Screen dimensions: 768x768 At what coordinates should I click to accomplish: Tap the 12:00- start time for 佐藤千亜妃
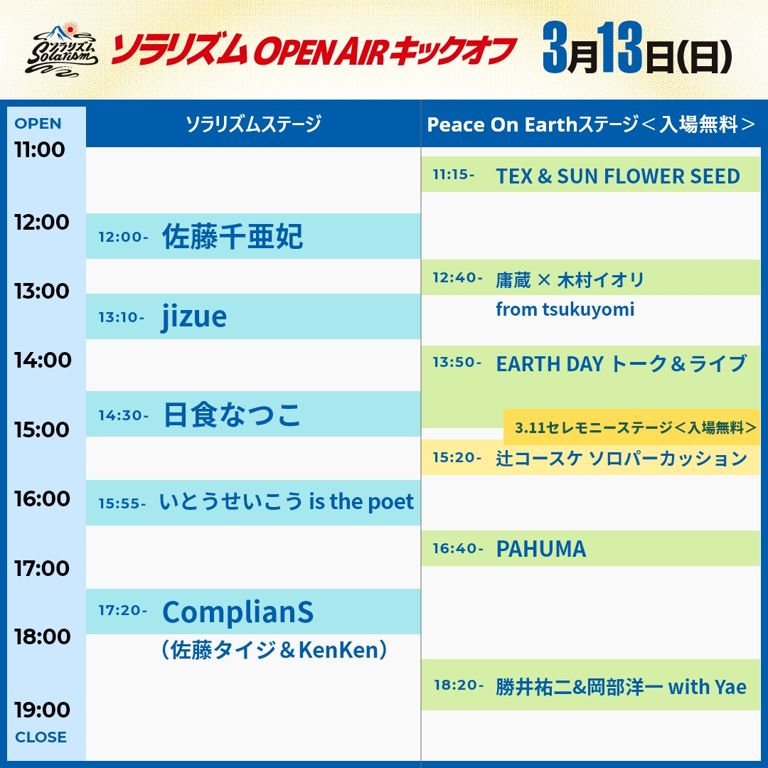click(123, 237)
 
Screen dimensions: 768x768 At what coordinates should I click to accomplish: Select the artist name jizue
click(194, 316)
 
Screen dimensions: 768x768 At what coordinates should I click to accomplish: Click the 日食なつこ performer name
click(233, 415)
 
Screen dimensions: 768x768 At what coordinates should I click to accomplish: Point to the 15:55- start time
click(122, 503)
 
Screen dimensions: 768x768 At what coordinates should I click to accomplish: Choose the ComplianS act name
click(238, 612)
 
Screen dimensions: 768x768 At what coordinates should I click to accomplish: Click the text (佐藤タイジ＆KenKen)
click(274, 650)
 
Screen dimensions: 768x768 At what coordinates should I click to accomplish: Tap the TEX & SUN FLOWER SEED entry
click(617, 176)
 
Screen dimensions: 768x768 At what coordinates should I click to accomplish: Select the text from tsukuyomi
click(565, 309)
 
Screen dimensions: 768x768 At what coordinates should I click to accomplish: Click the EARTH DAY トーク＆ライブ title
click(621, 363)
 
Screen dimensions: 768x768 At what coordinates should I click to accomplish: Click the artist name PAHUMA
click(540, 548)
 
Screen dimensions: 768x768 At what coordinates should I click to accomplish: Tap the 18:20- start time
click(459, 686)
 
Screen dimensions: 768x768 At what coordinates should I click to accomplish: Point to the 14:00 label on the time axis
click(43, 360)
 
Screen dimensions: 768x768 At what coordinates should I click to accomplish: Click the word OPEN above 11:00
click(38, 123)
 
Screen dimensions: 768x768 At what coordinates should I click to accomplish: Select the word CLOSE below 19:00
click(41, 737)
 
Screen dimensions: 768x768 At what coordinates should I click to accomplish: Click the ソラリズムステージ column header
click(253, 124)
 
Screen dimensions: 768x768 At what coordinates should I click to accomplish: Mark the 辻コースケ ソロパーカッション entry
click(621, 458)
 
